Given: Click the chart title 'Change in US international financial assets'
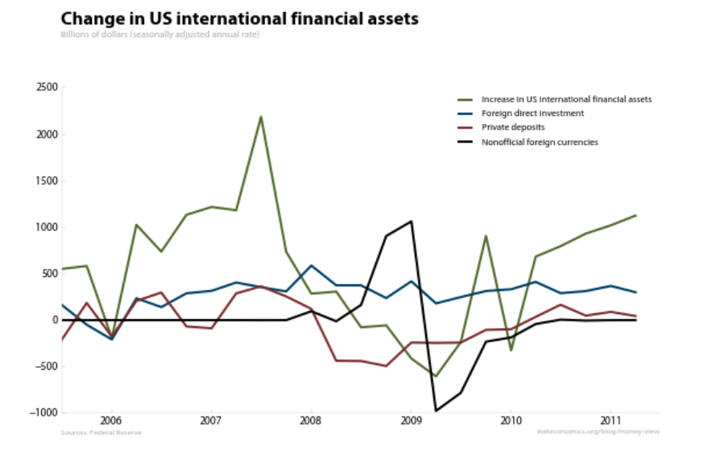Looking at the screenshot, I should (x=239, y=18).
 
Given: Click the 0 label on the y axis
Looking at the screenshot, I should (x=54, y=321).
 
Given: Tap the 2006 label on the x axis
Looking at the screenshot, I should (x=110, y=420).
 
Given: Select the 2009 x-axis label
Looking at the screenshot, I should (x=411, y=420).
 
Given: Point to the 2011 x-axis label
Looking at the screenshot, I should (x=610, y=420).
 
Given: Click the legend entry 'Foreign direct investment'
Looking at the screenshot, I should (x=532, y=114).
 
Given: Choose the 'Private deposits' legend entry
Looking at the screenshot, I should (x=513, y=127).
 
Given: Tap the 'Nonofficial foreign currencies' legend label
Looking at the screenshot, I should (x=540, y=142).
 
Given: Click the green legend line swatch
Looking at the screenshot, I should (x=466, y=99).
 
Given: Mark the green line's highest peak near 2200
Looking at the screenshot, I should (x=261, y=117).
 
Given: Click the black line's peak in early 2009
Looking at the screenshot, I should (x=411, y=222).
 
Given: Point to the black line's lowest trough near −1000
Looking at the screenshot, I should (x=436, y=411).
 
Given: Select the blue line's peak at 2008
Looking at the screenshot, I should (x=311, y=266).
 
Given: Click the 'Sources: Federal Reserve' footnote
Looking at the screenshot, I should (x=101, y=433).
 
